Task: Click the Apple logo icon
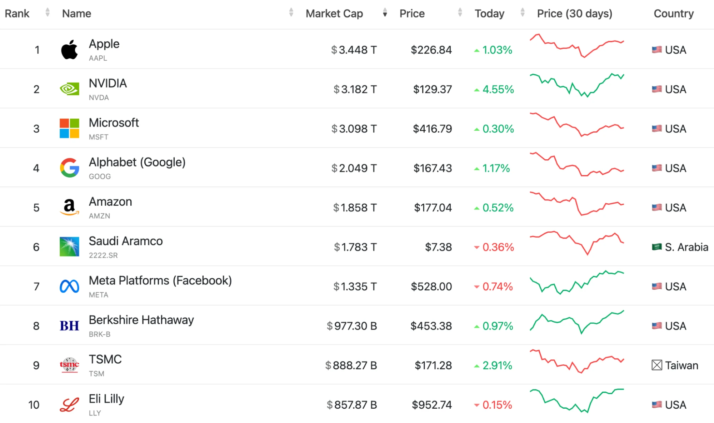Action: (x=69, y=49)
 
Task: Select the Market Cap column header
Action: (x=334, y=14)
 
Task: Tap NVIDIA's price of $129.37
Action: (x=433, y=89)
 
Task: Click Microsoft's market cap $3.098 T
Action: (x=354, y=129)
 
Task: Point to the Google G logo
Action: (x=69, y=168)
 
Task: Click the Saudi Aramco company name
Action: (x=126, y=241)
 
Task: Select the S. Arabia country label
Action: (x=686, y=247)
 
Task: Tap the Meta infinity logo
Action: (x=69, y=286)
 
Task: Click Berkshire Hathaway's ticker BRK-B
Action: (x=100, y=334)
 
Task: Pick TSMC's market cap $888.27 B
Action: (x=351, y=365)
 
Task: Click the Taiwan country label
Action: (x=681, y=365)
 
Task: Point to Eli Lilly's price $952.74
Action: (x=432, y=405)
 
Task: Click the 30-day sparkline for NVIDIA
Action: (x=577, y=85)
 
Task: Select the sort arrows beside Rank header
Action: (x=48, y=13)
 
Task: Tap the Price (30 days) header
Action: (x=575, y=14)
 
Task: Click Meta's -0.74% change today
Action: (x=494, y=287)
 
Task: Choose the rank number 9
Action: (x=36, y=365)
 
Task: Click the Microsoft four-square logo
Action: (x=69, y=128)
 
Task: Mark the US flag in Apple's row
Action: (x=656, y=50)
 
